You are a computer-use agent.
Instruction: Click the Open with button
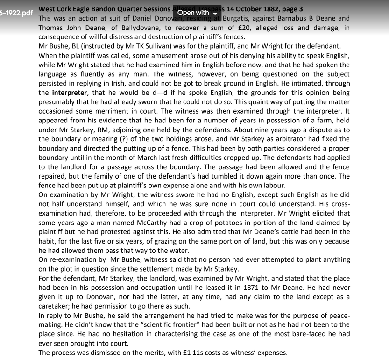[196, 13]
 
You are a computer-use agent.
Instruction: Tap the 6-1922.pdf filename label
[17, 13]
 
